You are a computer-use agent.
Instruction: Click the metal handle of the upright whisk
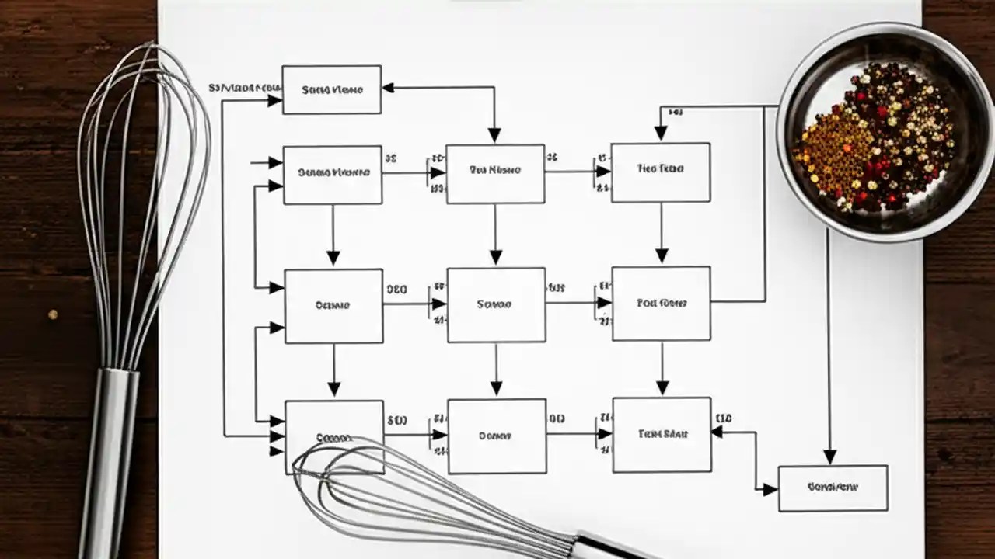coord(109,458)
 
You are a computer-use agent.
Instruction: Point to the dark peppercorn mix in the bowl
coord(902,132)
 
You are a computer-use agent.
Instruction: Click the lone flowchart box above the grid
coord(332,90)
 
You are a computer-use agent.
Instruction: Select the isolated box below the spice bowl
coord(833,488)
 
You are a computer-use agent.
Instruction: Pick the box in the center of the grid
coord(496,304)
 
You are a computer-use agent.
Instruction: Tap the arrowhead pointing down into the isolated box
coord(829,457)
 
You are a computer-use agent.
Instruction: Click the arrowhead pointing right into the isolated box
coord(770,489)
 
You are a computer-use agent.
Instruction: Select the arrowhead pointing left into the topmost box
coord(389,88)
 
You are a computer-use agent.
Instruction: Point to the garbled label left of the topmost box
coord(244,89)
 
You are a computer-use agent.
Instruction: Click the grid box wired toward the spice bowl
coord(662,304)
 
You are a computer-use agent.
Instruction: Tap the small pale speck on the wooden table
coord(53,314)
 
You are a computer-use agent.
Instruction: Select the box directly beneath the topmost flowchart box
coord(332,175)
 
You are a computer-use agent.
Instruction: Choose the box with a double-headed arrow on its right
coord(662,435)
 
